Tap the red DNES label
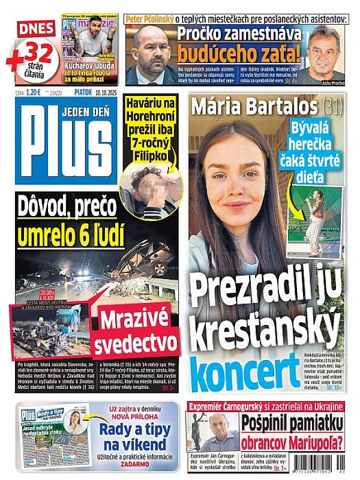coord(37,28)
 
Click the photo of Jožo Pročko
coord(325,54)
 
